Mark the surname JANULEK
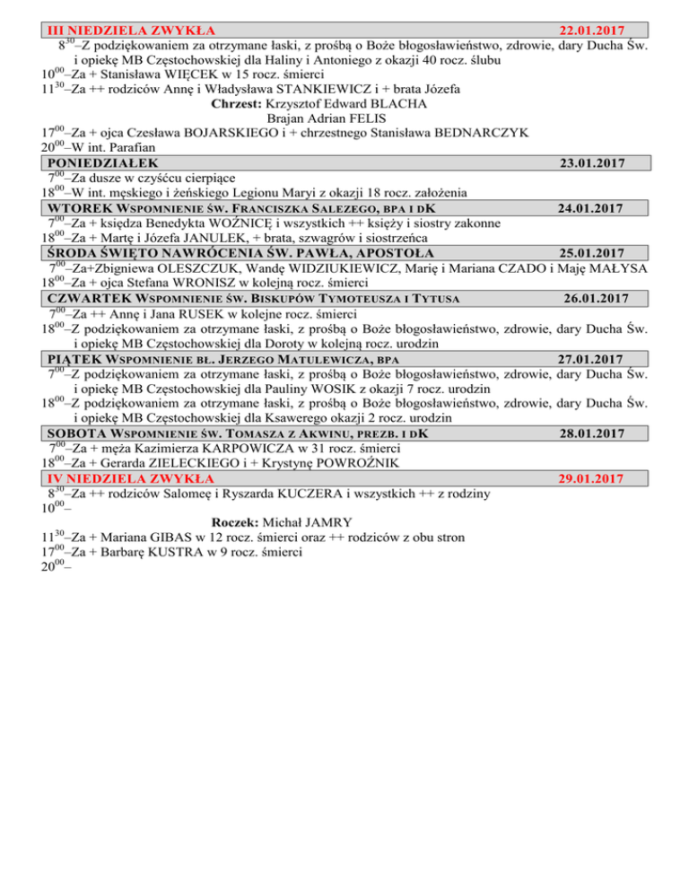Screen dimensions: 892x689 tap(206, 238)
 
